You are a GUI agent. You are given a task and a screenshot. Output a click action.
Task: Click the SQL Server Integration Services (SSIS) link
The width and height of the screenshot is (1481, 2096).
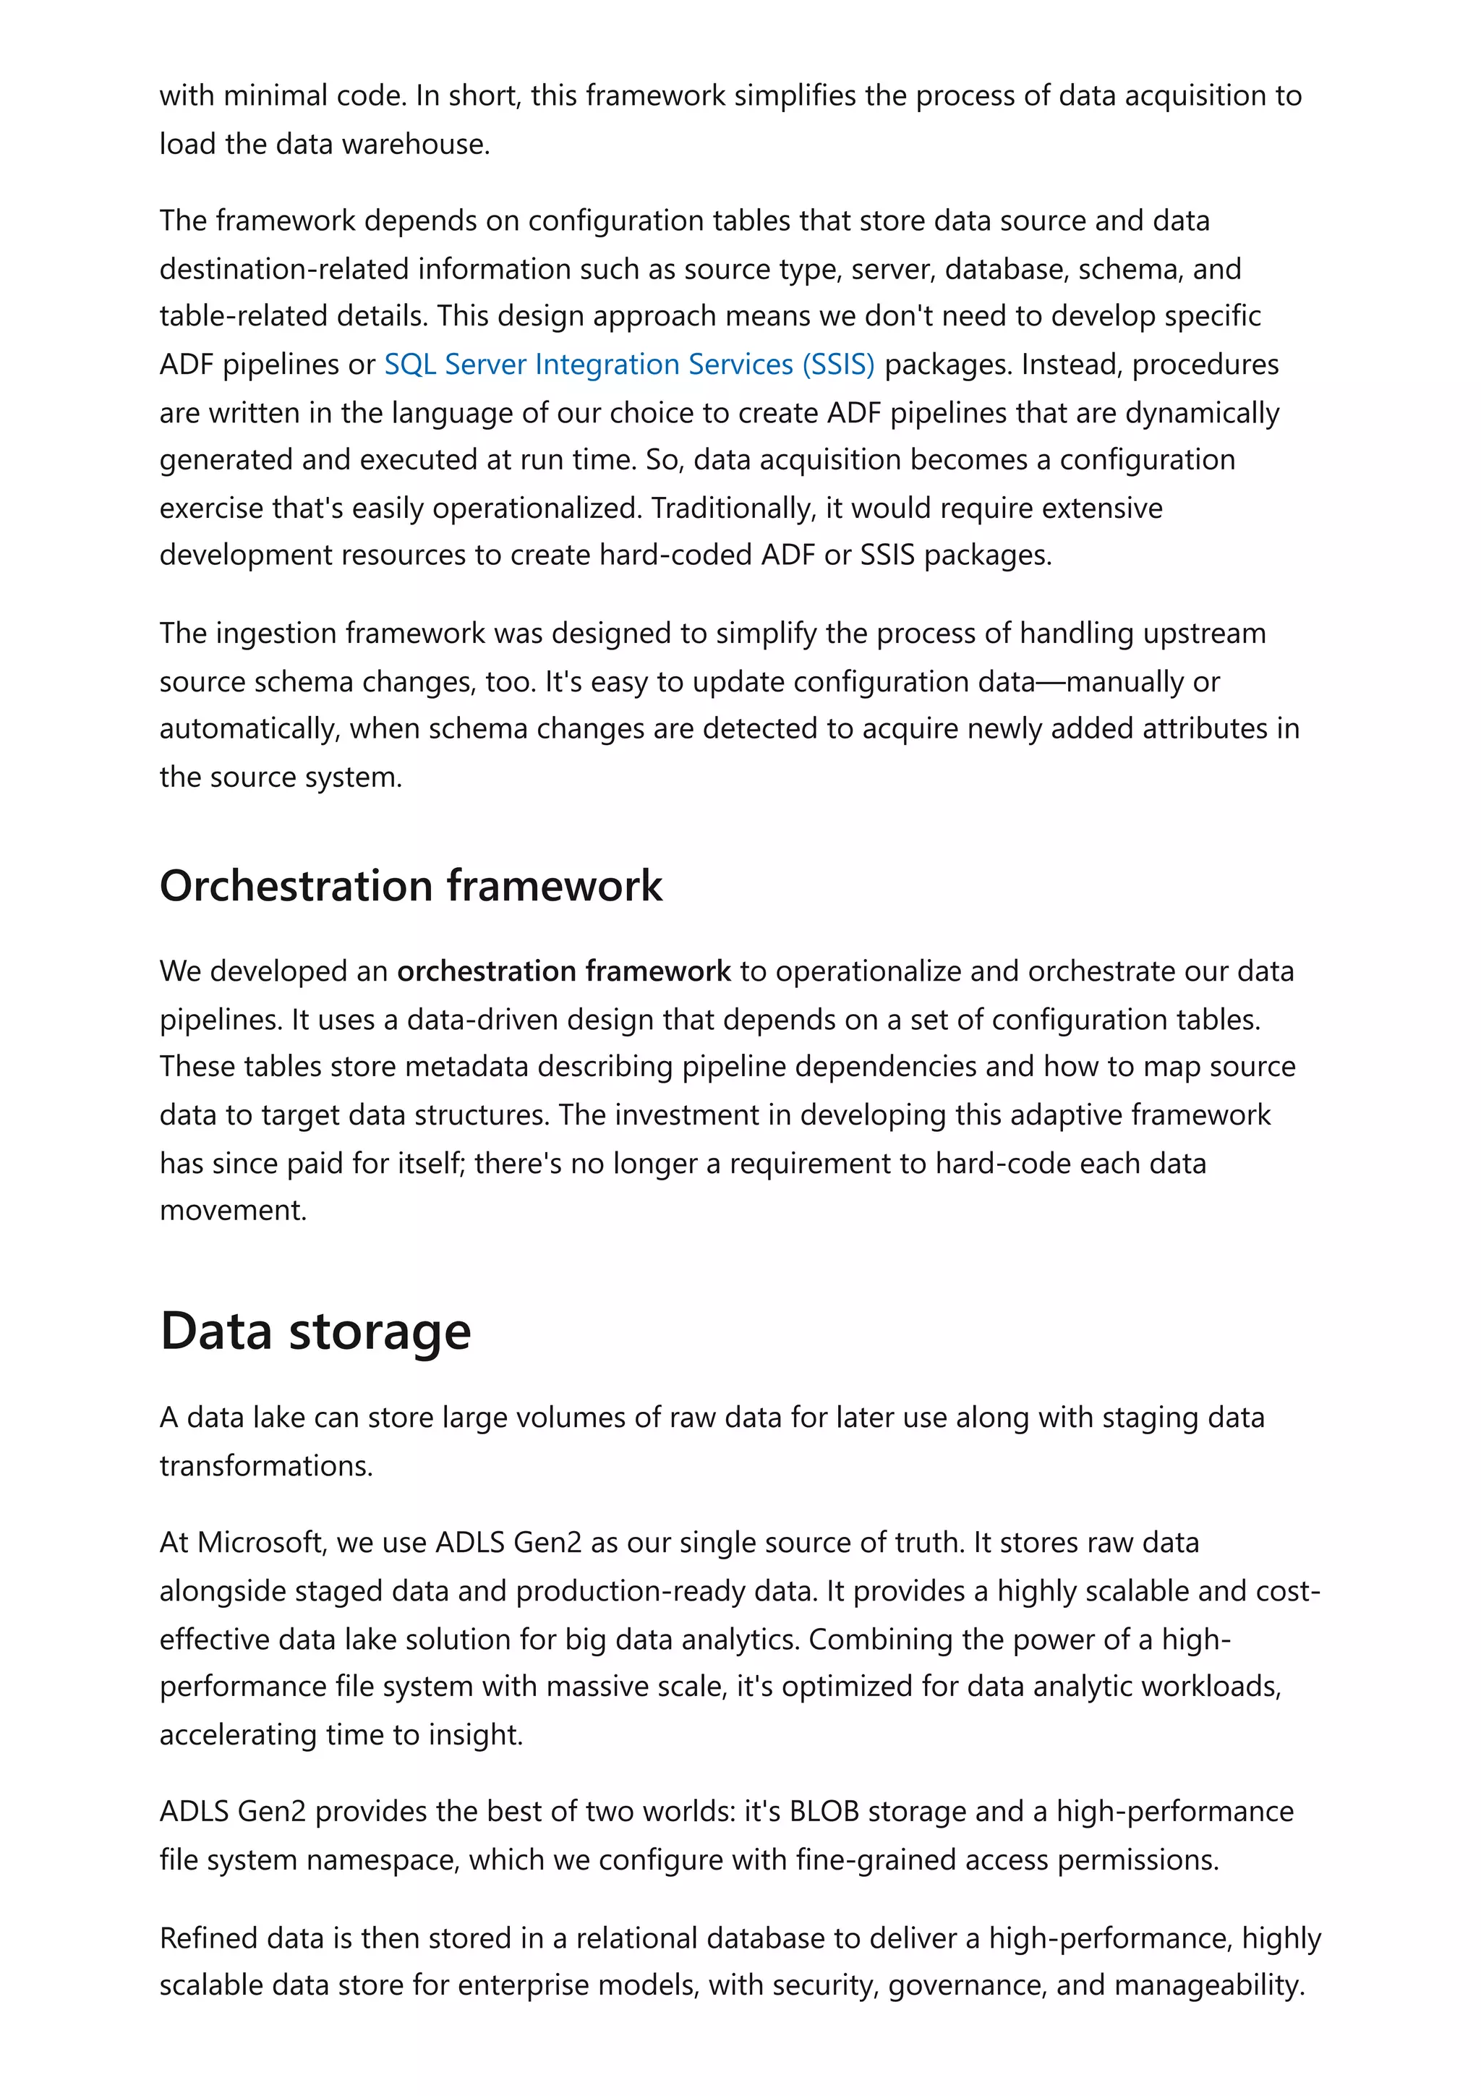pos(628,365)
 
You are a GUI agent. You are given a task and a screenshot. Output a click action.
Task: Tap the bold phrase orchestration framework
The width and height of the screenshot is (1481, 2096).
pos(564,971)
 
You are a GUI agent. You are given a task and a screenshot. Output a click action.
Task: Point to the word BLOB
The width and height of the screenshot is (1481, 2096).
pos(824,1811)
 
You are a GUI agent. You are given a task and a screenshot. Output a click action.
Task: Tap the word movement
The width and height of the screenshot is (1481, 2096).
pos(232,1211)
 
